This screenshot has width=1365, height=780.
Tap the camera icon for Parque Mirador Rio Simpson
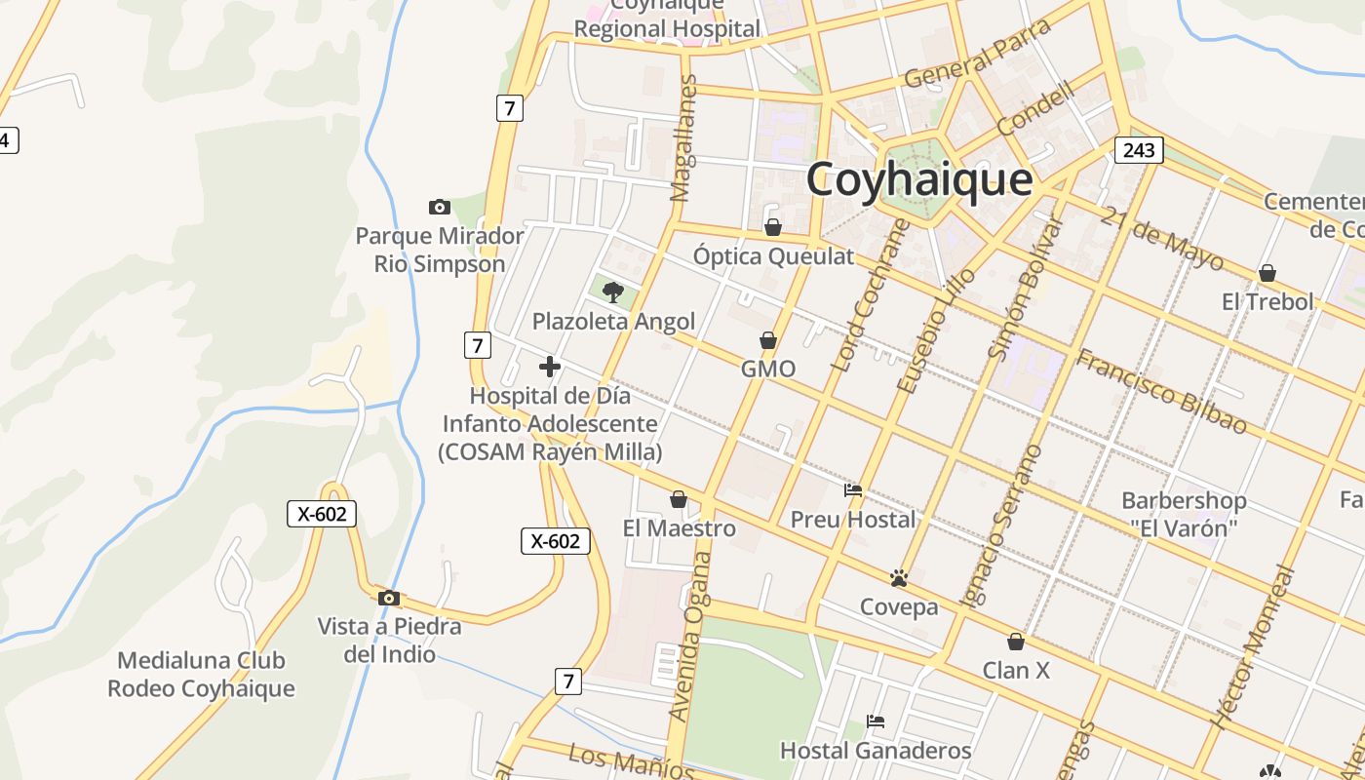coord(440,207)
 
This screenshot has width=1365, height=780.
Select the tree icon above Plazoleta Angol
coord(613,292)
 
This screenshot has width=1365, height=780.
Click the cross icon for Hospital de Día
coord(550,367)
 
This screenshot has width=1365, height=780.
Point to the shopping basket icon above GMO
coord(768,340)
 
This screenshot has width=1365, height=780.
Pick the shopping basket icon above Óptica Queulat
coord(773,227)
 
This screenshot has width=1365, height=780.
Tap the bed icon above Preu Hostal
coord(853,490)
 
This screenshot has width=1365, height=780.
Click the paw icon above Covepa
coord(899,578)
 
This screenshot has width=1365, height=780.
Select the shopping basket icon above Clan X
coord(1016,642)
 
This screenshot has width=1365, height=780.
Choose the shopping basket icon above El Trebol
coord(1267,273)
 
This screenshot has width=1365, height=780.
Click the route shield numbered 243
coord(1139,149)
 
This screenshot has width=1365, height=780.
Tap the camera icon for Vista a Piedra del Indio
coord(389,598)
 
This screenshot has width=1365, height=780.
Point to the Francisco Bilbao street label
coord(1160,391)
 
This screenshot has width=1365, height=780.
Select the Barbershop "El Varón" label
coord(1184,514)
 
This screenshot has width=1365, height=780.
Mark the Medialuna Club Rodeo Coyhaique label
coord(201,675)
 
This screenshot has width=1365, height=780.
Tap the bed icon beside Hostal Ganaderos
coord(876,721)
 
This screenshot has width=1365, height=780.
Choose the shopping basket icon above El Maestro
coord(679,500)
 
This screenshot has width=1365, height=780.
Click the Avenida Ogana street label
coord(689,637)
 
